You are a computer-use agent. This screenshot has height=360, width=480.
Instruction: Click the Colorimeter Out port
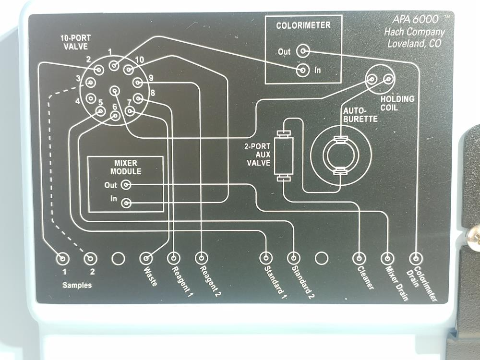302,51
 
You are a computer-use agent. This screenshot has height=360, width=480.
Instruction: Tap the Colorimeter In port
302,71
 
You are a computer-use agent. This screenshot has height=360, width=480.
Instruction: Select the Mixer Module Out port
126,184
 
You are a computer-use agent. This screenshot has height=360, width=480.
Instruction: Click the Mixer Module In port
126,203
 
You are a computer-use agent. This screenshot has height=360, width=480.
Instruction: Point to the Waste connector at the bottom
146,258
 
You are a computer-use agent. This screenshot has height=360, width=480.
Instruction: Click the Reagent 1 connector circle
174,258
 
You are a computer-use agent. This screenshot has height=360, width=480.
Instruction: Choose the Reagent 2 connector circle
201,258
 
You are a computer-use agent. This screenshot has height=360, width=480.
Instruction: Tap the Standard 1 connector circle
266,258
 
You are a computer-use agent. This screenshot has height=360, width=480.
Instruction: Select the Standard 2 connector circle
294,258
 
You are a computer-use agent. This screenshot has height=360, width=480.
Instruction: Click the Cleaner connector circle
359,258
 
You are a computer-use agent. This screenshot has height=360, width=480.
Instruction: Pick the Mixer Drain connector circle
387,258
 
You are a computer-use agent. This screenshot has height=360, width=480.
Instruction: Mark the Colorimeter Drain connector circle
416,258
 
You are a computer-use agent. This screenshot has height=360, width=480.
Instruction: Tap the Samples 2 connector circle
90,259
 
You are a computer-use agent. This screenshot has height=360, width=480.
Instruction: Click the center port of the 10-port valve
114,90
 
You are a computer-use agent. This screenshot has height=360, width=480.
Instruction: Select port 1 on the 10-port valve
113,65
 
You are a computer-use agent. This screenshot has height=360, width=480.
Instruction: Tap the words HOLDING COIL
397,103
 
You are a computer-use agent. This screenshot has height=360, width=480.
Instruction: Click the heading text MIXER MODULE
126,168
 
